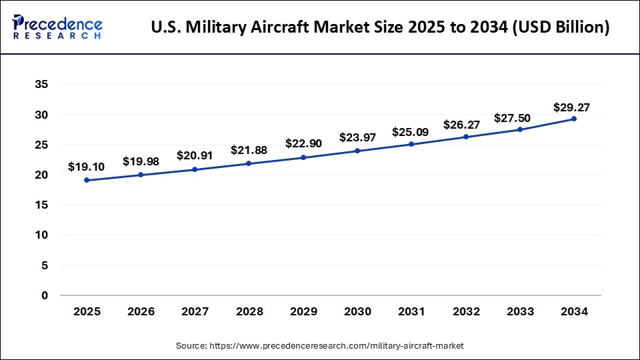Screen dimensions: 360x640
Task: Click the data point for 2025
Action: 87,180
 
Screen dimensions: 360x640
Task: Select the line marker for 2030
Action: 357,151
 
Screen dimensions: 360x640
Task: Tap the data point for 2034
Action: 574,119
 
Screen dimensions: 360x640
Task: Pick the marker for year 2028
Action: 249,163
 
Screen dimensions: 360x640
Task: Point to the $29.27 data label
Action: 571,107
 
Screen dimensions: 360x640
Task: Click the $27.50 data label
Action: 512,118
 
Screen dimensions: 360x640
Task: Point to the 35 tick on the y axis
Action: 41,85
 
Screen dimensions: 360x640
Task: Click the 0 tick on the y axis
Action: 45,295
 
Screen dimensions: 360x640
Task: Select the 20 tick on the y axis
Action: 41,175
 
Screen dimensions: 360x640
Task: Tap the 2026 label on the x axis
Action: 141,311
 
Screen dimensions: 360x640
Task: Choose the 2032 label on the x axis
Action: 465,311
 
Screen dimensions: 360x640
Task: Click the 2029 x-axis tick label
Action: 303,311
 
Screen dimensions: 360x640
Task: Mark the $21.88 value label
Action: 249,150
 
